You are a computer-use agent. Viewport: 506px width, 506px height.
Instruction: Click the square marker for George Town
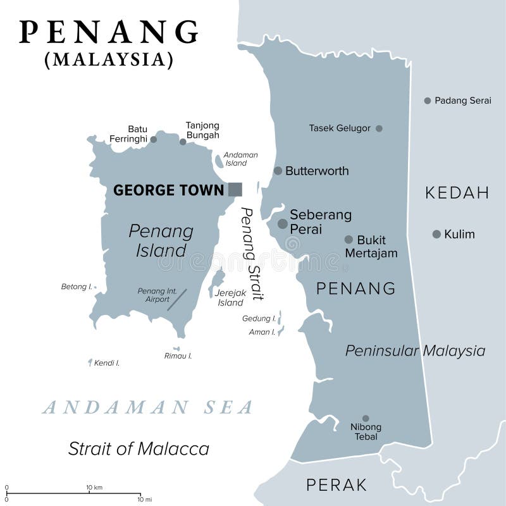[235, 189]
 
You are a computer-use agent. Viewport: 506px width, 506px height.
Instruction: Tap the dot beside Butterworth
[278, 171]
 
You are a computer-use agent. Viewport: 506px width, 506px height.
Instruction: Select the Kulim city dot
[436, 234]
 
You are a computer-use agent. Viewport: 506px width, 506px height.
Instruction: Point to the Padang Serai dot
[428, 101]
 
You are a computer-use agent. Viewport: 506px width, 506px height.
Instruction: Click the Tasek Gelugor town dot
[379, 128]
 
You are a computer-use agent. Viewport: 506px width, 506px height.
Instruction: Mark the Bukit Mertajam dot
[349, 240]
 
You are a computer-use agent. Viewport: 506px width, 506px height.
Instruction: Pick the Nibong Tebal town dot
[366, 418]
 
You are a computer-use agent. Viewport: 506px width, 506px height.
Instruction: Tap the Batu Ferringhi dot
[153, 139]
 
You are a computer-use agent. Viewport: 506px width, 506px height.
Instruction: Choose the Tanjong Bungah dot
[183, 142]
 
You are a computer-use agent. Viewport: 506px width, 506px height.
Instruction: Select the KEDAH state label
[457, 193]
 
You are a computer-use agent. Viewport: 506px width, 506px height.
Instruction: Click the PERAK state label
[336, 485]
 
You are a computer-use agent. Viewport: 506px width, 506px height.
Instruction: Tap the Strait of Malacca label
[139, 449]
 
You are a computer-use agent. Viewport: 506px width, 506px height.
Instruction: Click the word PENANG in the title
[109, 32]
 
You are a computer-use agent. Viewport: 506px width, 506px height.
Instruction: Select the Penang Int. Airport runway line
[177, 299]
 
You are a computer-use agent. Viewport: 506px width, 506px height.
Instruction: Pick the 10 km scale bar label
[94, 488]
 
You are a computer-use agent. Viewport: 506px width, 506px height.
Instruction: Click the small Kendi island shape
[90, 362]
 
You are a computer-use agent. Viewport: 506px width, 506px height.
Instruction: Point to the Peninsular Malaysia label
[415, 350]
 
